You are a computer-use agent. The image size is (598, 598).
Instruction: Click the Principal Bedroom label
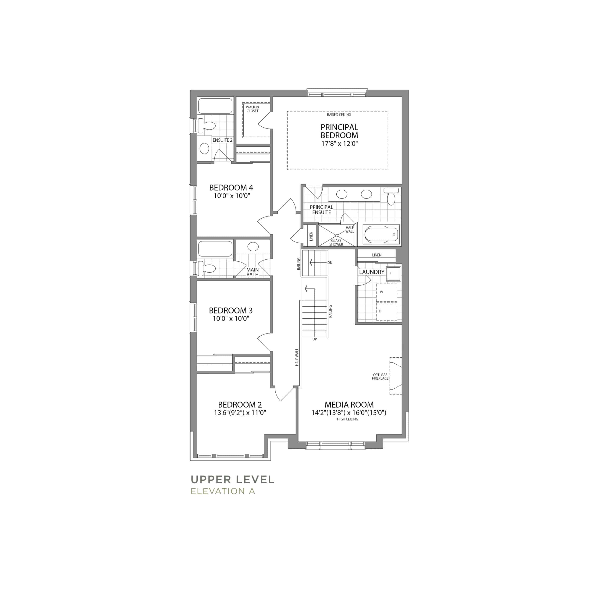point(339,131)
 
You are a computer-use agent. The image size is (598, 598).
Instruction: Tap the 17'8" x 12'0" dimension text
point(339,144)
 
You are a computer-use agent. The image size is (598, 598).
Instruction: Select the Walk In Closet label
point(252,109)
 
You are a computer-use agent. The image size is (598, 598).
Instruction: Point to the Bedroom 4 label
point(231,188)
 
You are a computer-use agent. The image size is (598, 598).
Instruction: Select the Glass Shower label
point(336,242)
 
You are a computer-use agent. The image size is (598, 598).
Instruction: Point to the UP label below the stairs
point(314,339)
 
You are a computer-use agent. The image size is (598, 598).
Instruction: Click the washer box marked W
point(387,292)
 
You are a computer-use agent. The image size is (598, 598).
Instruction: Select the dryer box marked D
point(387,311)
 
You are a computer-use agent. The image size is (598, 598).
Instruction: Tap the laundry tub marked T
point(393,273)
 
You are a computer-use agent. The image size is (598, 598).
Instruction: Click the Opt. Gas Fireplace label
point(380,376)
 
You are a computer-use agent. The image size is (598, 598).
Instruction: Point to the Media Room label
point(349,405)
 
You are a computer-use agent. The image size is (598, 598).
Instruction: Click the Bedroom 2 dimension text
point(240,413)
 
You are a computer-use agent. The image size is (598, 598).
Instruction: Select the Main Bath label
point(253,272)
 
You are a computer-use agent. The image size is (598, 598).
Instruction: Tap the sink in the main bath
point(253,247)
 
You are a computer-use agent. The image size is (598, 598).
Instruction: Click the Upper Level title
point(232,480)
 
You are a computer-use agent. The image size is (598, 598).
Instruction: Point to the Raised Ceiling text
point(339,114)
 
